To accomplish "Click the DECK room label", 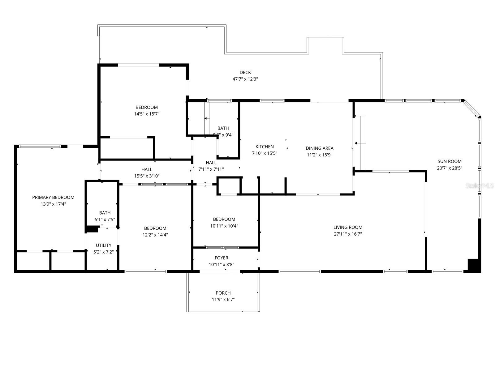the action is pyautogui.click(x=245, y=73).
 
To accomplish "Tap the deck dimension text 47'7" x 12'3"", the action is pyautogui.click(x=245, y=79).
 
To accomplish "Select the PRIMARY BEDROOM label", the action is pyautogui.click(x=53, y=197).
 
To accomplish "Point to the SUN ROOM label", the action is pyautogui.click(x=450, y=161).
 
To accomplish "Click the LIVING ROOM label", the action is pyautogui.click(x=348, y=227).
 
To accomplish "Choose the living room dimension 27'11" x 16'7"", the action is pyautogui.click(x=348, y=234).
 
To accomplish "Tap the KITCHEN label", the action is pyautogui.click(x=265, y=147).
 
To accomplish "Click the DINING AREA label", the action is pyautogui.click(x=319, y=148).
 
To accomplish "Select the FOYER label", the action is pyautogui.click(x=221, y=258).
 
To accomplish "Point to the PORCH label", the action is pyautogui.click(x=223, y=293).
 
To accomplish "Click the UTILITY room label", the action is pyautogui.click(x=104, y=245).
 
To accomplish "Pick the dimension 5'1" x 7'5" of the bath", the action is pyautogui.click(x=105, y=220).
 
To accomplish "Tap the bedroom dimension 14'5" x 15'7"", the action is pyautogui.click(x=147, y=114).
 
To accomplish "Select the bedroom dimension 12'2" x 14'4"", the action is pyautogui.click(x=155, y=235).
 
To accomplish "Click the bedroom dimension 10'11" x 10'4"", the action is pyautogui.click(x=224, y=226).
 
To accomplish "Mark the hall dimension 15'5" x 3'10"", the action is pyautogui.click(x=147, y=176).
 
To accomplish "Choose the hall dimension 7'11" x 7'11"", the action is pyautogui.click(x=211, y=169).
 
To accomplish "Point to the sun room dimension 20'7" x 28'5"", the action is pyautogui.click(x=450, y=168).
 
